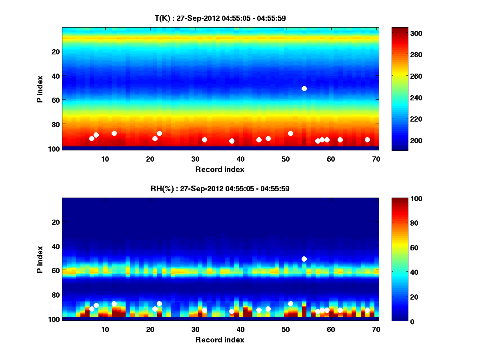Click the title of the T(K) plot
coord(220,18)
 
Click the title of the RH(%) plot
coord(220,188)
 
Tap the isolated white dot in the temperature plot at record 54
coord(304,88)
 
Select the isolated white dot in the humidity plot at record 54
coord(304,259)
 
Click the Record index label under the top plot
coord(220,169)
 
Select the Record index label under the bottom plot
coord(220,340)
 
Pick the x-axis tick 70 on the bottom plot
coord(376,329)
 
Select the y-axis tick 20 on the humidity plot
coord(56,222)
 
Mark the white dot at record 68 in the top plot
coord(367,140)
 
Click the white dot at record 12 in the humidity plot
coord(114,304)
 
